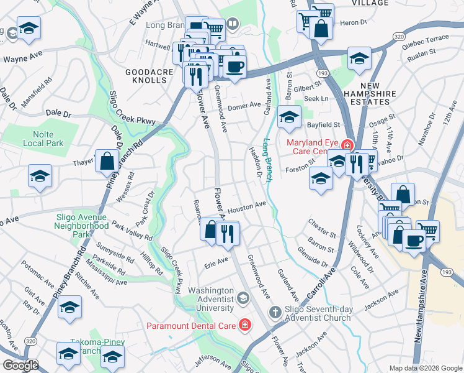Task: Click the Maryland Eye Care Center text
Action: point(314,147)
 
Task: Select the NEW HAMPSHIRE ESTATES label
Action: point(370,93)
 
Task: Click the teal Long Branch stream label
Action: point(268,160)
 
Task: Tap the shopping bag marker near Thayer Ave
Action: point(107,161)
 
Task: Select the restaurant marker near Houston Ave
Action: point(227,234)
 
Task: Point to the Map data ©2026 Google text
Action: point(425,368)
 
